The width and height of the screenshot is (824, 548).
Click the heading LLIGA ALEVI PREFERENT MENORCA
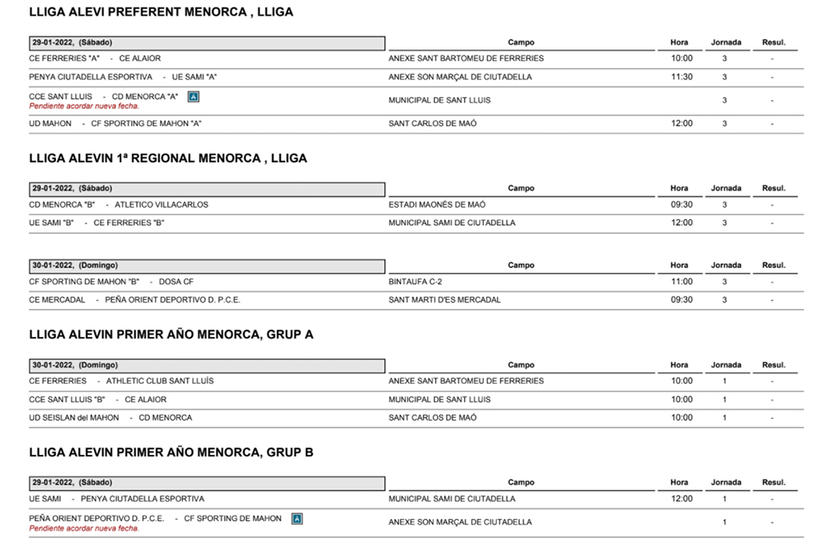point(161,12)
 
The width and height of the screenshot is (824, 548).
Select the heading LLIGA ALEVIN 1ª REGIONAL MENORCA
point(167,158)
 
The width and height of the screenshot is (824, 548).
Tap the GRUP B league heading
point(171,452)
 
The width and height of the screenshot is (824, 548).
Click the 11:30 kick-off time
point(681,77)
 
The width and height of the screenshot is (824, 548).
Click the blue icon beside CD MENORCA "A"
point(194,96)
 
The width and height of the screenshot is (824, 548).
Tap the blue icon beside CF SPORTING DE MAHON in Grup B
point(297,518)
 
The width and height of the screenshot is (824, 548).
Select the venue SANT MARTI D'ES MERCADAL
point(444,300)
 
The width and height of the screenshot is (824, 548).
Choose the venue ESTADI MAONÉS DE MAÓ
point(437,204)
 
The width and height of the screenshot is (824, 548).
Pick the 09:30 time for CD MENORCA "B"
point(681,204)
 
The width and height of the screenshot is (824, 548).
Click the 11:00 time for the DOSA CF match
point(681,282)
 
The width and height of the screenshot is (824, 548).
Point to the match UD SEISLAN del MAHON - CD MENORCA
point(110,418)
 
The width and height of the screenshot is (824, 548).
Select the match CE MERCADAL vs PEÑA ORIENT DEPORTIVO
point(134,300)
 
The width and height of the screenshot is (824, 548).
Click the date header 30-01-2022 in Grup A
point(75,365)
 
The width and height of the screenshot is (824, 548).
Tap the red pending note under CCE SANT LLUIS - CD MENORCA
point(84,105)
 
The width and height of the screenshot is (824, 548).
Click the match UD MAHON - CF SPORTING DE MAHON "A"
point(115,124)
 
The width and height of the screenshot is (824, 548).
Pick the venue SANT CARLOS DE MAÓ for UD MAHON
point(433,124)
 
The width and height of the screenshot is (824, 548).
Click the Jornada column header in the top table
point(726,43)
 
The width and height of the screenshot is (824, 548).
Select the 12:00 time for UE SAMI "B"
point(681,222)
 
